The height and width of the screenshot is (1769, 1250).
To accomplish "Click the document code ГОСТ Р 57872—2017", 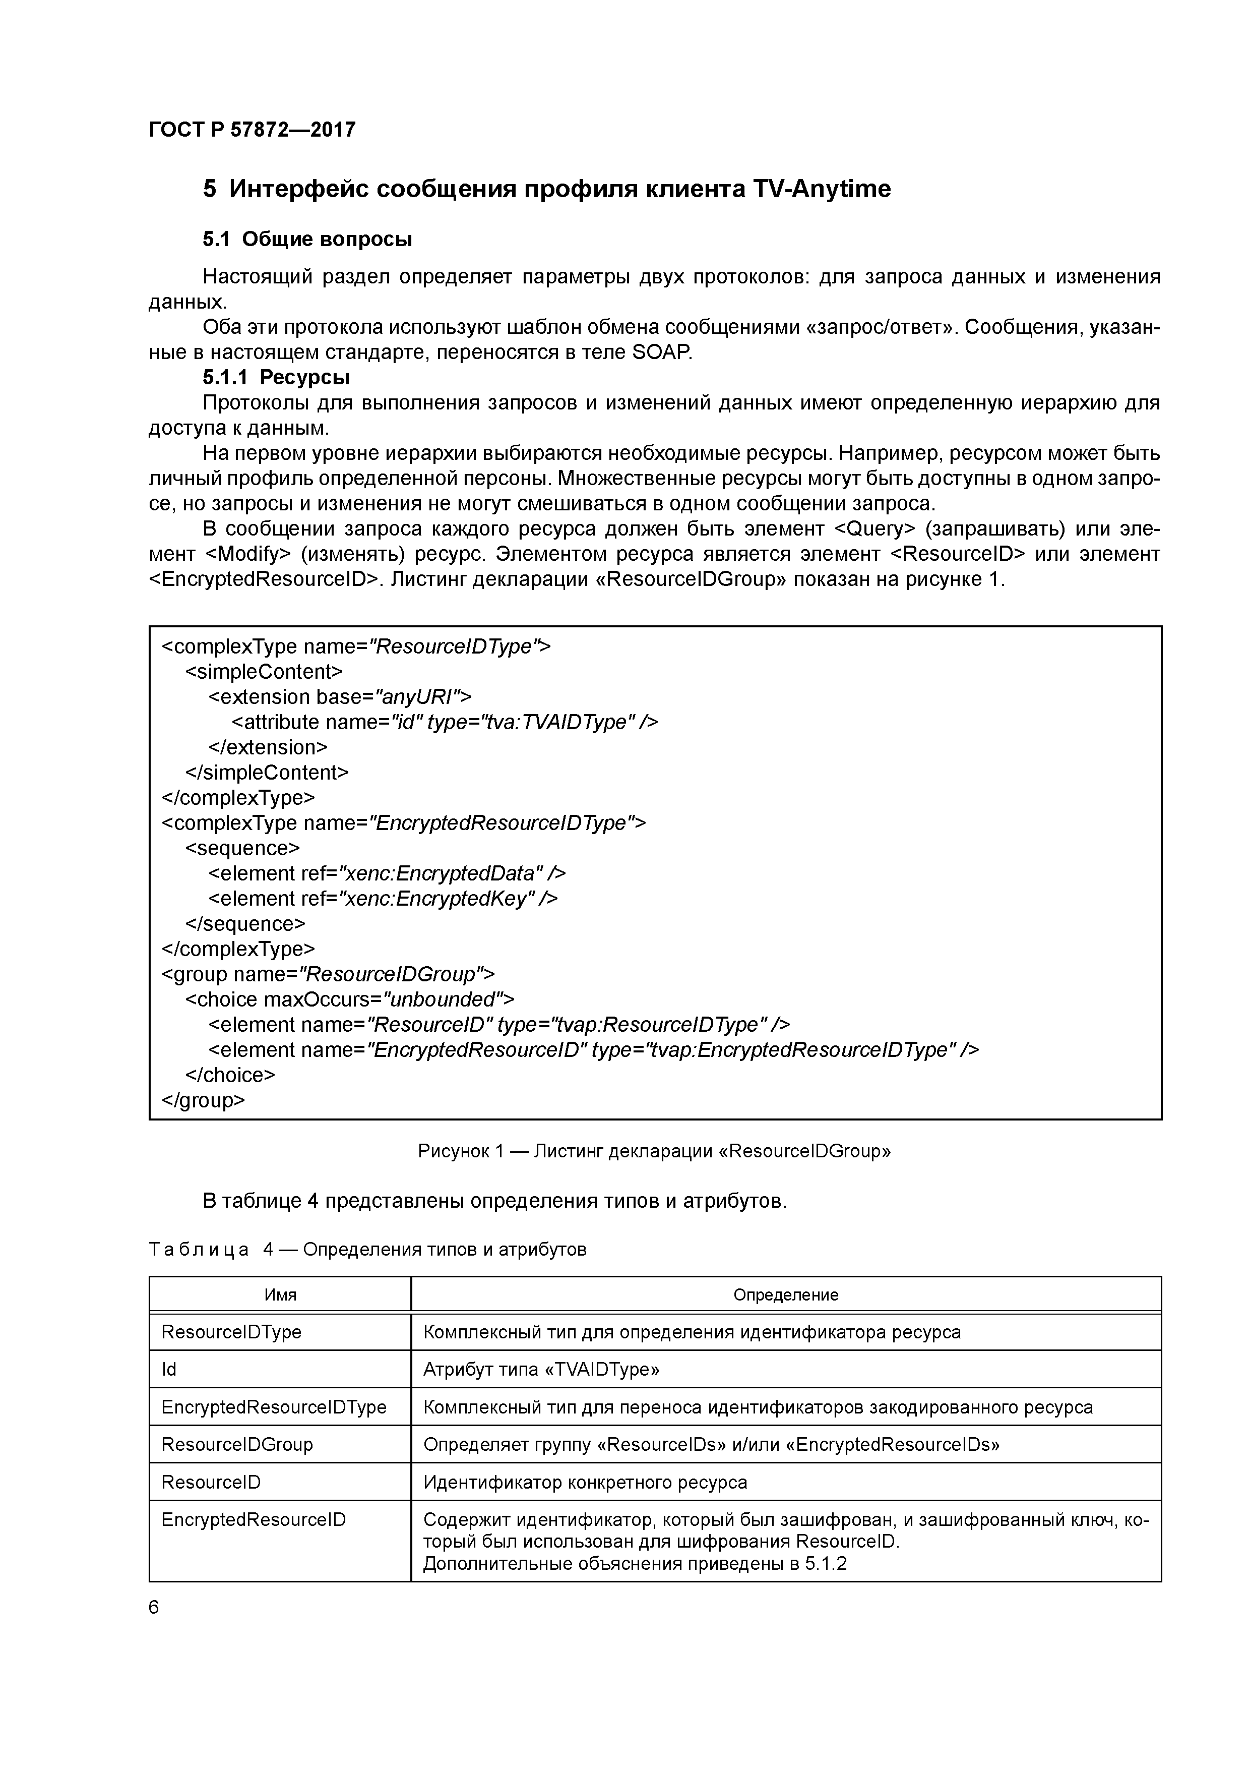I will point(252,130).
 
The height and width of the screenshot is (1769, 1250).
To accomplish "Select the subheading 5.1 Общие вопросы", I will point(307,240).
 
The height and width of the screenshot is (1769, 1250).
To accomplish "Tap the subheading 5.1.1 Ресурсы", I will point(276,378).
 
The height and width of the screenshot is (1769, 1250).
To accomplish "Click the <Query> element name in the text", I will point(875,529).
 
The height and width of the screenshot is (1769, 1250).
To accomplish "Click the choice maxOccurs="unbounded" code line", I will point(349,1000).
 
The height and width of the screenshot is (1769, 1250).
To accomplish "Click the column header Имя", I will point(280,1295).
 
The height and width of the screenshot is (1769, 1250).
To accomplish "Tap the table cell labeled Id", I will point(169,1369).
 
